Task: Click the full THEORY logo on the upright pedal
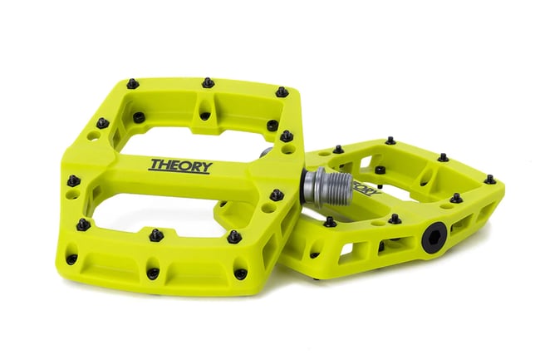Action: pyautogui.click(x=180, y=165)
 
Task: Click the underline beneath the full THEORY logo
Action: pyautogui.click(x=179, y=172)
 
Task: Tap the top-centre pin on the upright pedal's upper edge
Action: pyautogui.click(x=207, y=83)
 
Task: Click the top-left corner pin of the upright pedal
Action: pyautogui.click(x=131, y=83)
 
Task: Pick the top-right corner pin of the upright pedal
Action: pyautogui.click(x=282, y=91)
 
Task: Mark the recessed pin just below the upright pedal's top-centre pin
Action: pyautogui.click(x=204, y=116)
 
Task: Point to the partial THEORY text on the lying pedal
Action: pyautogui.click(x=366, y=185)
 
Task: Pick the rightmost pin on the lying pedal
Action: pyautogui.click(x=489, y=179)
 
